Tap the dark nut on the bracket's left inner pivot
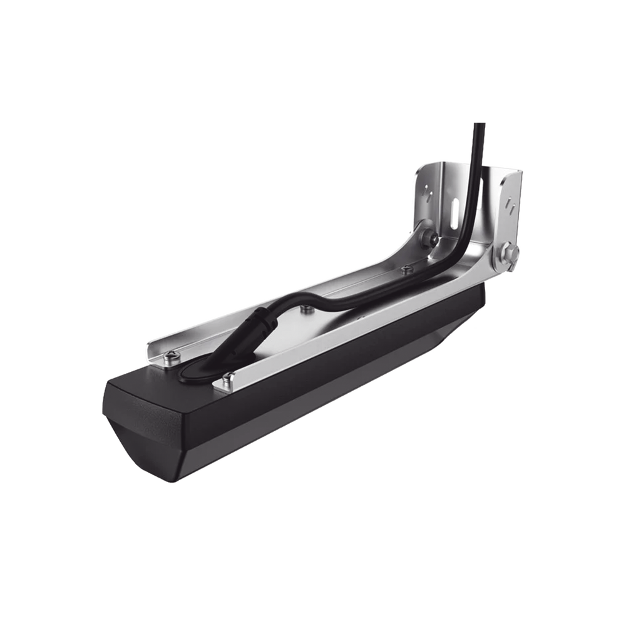pos(429,237)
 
